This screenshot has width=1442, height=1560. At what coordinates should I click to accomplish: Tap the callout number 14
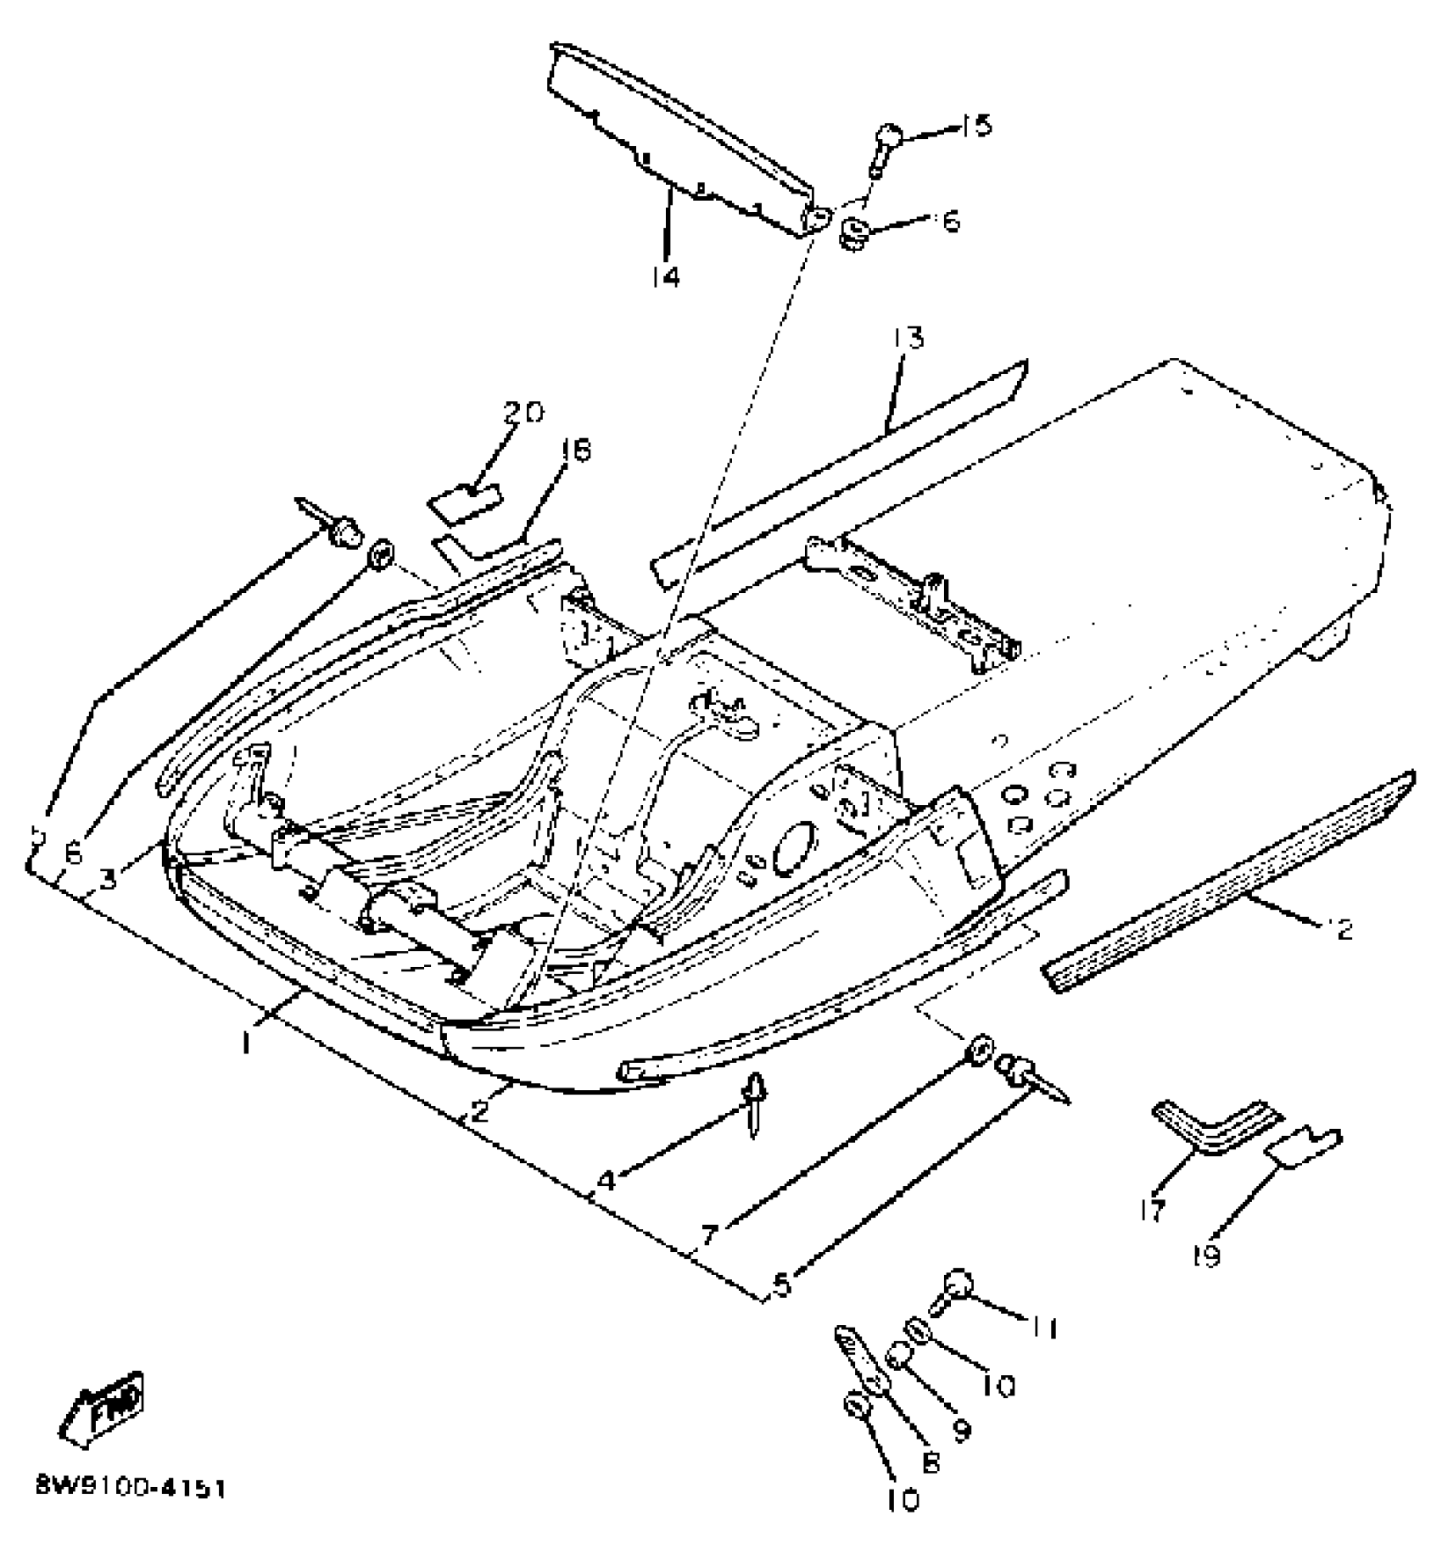(666, 277)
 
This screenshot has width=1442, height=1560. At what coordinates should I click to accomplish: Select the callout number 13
(907, 339)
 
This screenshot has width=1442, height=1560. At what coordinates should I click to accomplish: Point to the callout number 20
(523, 413)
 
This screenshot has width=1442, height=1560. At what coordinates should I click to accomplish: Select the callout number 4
(606, 1180)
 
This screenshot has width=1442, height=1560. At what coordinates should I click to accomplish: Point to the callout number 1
(245, 1043)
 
